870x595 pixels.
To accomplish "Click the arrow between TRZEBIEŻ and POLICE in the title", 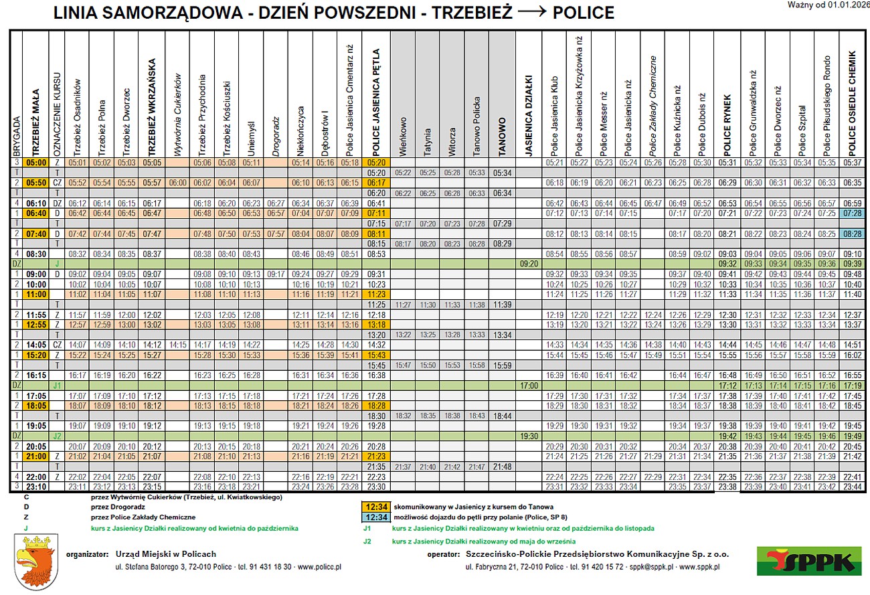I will [529, 13].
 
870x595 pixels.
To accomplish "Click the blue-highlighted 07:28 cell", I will [853, 213].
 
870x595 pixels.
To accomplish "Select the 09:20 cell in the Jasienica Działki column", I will [528, 264].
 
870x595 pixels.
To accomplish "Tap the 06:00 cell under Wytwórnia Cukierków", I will [177, 182].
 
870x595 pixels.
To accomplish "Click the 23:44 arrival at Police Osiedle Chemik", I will [853, 486].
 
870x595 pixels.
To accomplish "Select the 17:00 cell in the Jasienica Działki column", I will [528, 386].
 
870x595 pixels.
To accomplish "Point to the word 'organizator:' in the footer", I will [87, 554].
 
